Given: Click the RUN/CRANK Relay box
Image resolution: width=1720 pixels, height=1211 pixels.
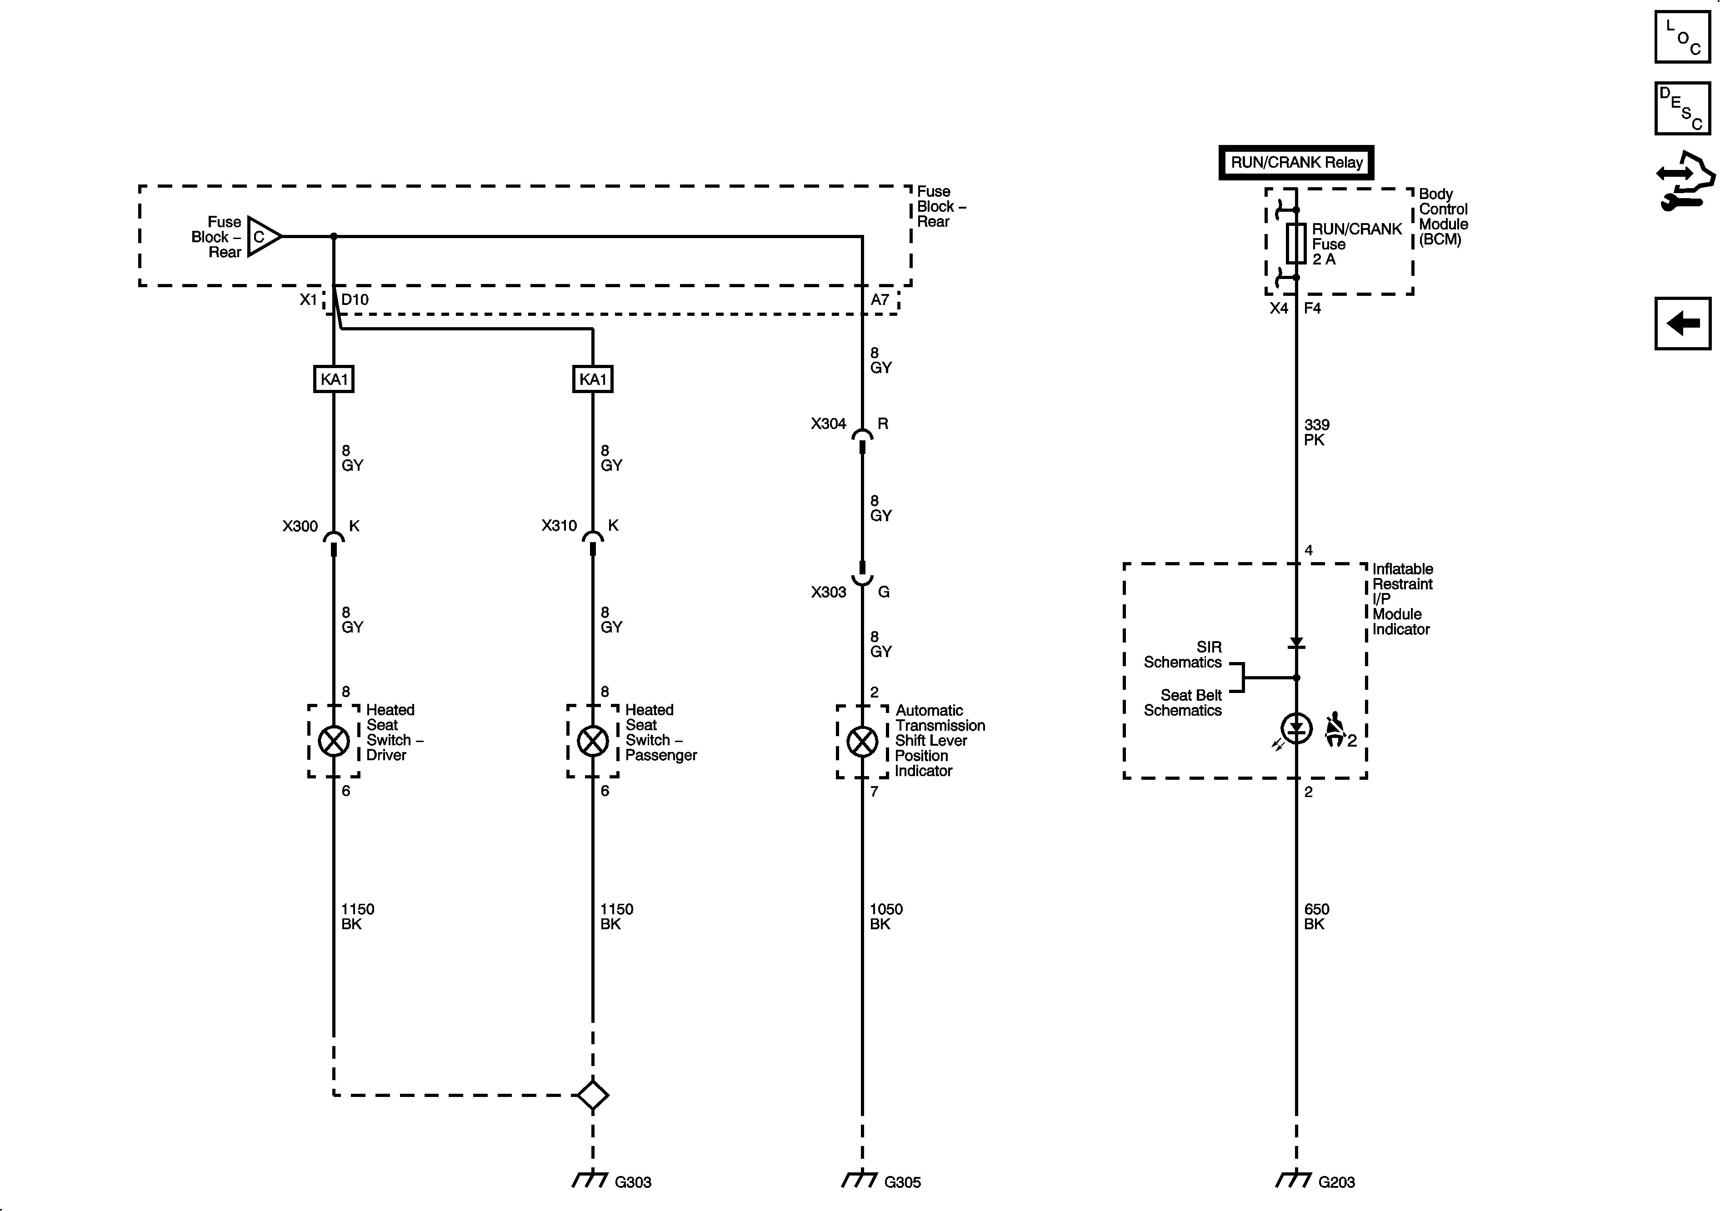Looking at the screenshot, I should tap(1296, 163).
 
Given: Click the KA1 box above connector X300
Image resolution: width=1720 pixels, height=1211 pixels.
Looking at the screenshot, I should tap(333, 379).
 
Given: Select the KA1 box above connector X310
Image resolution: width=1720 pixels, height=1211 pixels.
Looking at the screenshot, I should tap(593, 379).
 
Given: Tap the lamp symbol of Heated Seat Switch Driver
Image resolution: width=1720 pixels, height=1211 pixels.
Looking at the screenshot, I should tap(333, 742).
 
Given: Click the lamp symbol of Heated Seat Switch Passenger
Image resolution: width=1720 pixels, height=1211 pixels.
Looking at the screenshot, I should tap(593, 742).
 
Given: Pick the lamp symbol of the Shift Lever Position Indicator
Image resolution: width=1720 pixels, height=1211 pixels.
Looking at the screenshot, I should tap(862, 742).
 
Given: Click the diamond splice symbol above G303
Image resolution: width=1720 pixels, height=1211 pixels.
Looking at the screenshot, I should tap(593, 1095).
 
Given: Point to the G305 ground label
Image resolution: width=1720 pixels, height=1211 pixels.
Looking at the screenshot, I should tap(902, 1182).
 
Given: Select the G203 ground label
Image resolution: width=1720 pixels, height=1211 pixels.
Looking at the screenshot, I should tap(1336, 1182).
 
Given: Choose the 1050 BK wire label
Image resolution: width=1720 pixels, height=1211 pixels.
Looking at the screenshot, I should tap(885, 916).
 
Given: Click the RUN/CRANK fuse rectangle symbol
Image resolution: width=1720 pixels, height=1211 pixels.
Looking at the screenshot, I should tap(1296, 244).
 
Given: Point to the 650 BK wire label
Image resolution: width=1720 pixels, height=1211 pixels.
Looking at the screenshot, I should tap(1316, 916).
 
